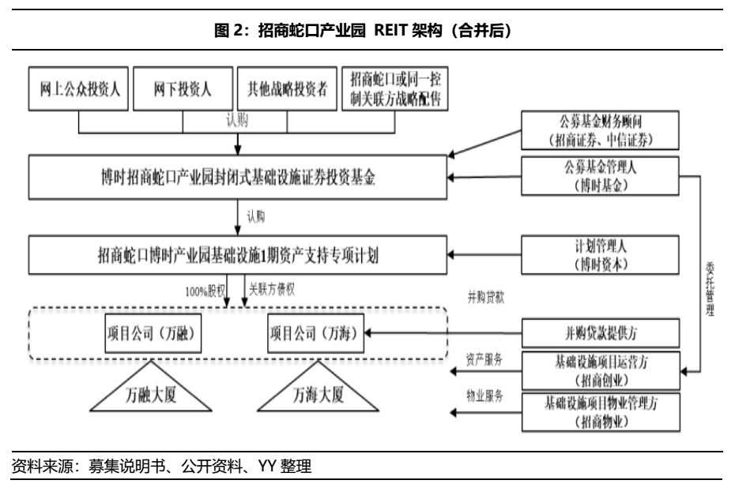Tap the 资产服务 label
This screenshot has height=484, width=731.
[x=484, y=359]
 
